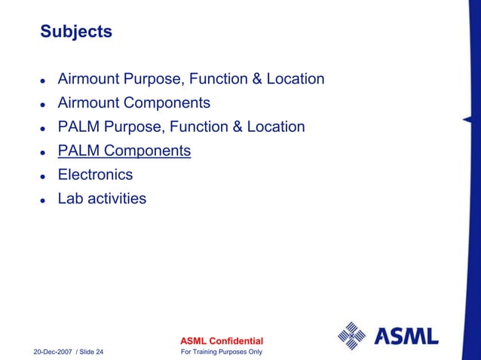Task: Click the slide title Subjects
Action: (x=76, y=32)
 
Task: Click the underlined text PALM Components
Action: (x=124, y=151)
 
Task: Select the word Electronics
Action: (x=95, y=175)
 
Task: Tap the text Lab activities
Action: (x=102, y=199)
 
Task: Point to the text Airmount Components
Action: (x=134, y=102)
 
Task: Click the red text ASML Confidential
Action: (x=219, y=342)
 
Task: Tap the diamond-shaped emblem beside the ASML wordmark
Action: (x=351, y=336)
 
